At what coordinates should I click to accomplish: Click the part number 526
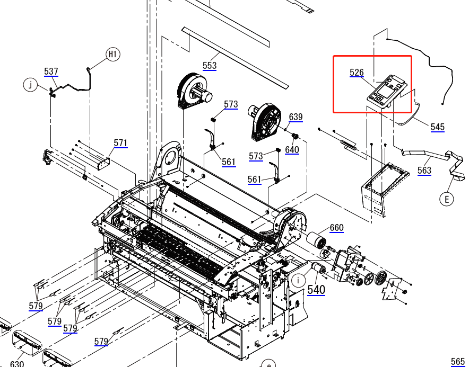coord(357,73)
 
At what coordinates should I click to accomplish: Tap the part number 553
coord(210,65)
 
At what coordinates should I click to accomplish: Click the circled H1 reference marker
coord(113,54)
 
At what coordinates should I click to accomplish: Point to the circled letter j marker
coord(30,84)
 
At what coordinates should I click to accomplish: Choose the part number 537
coord(51,71)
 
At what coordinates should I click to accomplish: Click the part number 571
coord(121,143)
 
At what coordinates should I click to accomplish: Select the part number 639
coord(296,117)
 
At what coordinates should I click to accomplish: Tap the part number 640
coord(292,150)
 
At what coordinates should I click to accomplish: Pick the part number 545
coord(437,127)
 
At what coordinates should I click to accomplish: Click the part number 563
coord(424,171)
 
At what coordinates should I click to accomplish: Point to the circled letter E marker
coord(447,199)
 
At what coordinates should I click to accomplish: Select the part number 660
coord(336,228)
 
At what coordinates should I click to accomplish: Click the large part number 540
coord(316,290)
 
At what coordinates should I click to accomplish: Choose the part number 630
coord(17,363)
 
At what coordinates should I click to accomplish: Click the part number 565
coord(457,362)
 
